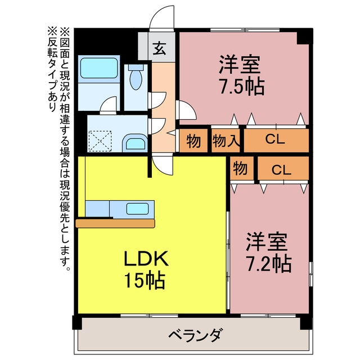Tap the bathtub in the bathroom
(x=99, y=68)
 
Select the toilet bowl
(x=136, y=77)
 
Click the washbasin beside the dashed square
(x=135, y=143)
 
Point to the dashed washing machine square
(x=100, y=141)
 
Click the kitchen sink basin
(x=137, y=209)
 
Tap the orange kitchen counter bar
(x=115, y=223)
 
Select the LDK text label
(x=146, y=259)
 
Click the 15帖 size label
(x=145, y=280)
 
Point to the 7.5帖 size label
(x=242, y=87)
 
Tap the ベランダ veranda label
(x=196, y=335)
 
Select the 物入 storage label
(x=226, y=141)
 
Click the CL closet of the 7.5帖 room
(x=276, y=141)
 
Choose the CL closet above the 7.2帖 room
(x=283, y=168)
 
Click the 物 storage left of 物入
(x=193, y=141)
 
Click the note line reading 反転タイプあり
(x=52, y=69)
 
